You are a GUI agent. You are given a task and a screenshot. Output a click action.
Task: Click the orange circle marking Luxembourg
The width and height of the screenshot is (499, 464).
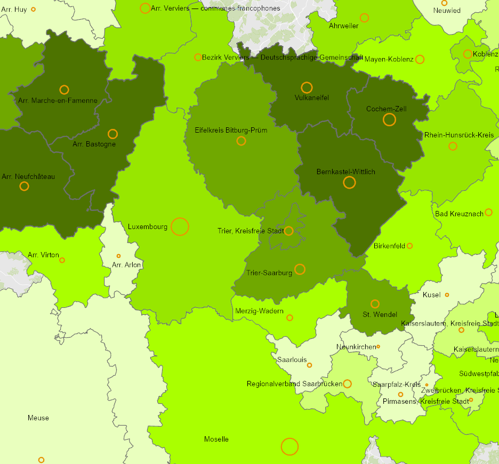tap(180, 226)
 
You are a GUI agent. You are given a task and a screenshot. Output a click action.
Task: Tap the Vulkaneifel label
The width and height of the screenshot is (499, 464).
tap(311, 98)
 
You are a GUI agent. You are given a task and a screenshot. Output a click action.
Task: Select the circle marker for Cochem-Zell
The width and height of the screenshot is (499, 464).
tap(389, 119)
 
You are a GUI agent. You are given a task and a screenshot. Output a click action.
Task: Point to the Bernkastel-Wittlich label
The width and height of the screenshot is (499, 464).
tap(345, 172)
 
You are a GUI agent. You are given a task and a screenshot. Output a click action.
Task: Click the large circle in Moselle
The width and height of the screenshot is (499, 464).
tap(289, 446)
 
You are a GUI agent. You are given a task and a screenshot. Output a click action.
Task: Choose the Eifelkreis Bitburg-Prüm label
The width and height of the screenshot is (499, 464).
tap(231, 130)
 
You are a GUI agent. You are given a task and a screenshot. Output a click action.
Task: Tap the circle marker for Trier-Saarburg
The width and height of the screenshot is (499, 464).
tap(300, 269)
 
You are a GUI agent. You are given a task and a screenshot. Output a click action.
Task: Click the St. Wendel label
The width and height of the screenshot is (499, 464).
tap(380, 314)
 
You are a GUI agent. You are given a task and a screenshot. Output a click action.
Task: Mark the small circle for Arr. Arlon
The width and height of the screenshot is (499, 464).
tap(118, 256)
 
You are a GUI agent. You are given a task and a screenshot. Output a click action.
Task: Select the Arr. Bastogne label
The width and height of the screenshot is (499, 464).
tap(94, 144)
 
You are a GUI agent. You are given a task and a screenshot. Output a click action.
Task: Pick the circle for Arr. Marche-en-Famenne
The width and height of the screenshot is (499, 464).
tap(64, 89)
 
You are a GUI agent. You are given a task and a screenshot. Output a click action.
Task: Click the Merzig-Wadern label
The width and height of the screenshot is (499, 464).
tap(259, 311)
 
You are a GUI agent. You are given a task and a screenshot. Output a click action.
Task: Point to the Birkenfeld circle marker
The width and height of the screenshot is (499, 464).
tap(409, 246)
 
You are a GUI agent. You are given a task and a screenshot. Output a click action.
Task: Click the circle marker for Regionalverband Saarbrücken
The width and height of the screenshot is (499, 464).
tap(347, 384)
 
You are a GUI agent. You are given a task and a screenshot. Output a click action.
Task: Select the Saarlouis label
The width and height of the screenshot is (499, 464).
tap(292, 360)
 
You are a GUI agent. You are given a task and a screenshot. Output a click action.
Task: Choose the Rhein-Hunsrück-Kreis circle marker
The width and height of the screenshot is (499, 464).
tap(453, 146)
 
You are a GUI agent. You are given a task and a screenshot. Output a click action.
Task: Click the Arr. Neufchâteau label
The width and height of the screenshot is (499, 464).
tap(28, 176)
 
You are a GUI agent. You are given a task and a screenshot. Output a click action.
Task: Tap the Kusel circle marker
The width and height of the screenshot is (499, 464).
tap(447, 295)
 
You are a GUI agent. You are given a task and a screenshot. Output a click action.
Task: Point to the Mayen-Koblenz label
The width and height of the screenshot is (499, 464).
tap(389, 59)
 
